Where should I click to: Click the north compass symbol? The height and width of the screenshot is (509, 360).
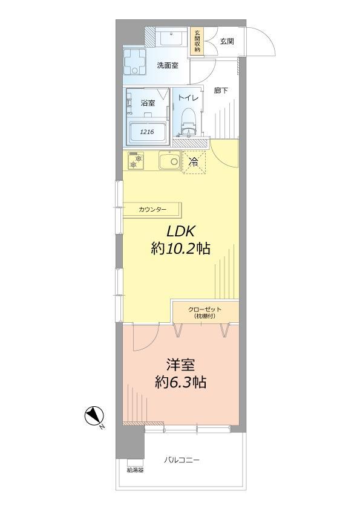94,417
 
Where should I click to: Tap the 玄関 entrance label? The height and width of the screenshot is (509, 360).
227,41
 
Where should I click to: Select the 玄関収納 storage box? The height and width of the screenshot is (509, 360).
197,41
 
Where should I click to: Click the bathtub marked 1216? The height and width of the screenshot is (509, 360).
148,131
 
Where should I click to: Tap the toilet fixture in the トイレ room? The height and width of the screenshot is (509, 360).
189,121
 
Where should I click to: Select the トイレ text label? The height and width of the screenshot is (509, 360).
187,96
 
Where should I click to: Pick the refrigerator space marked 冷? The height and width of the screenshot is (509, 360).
194,161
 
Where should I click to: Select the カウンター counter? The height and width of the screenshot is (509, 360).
152,210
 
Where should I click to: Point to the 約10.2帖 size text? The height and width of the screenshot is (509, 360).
180,248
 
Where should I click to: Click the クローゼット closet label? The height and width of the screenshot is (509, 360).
205,310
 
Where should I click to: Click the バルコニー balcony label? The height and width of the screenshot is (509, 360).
182,461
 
